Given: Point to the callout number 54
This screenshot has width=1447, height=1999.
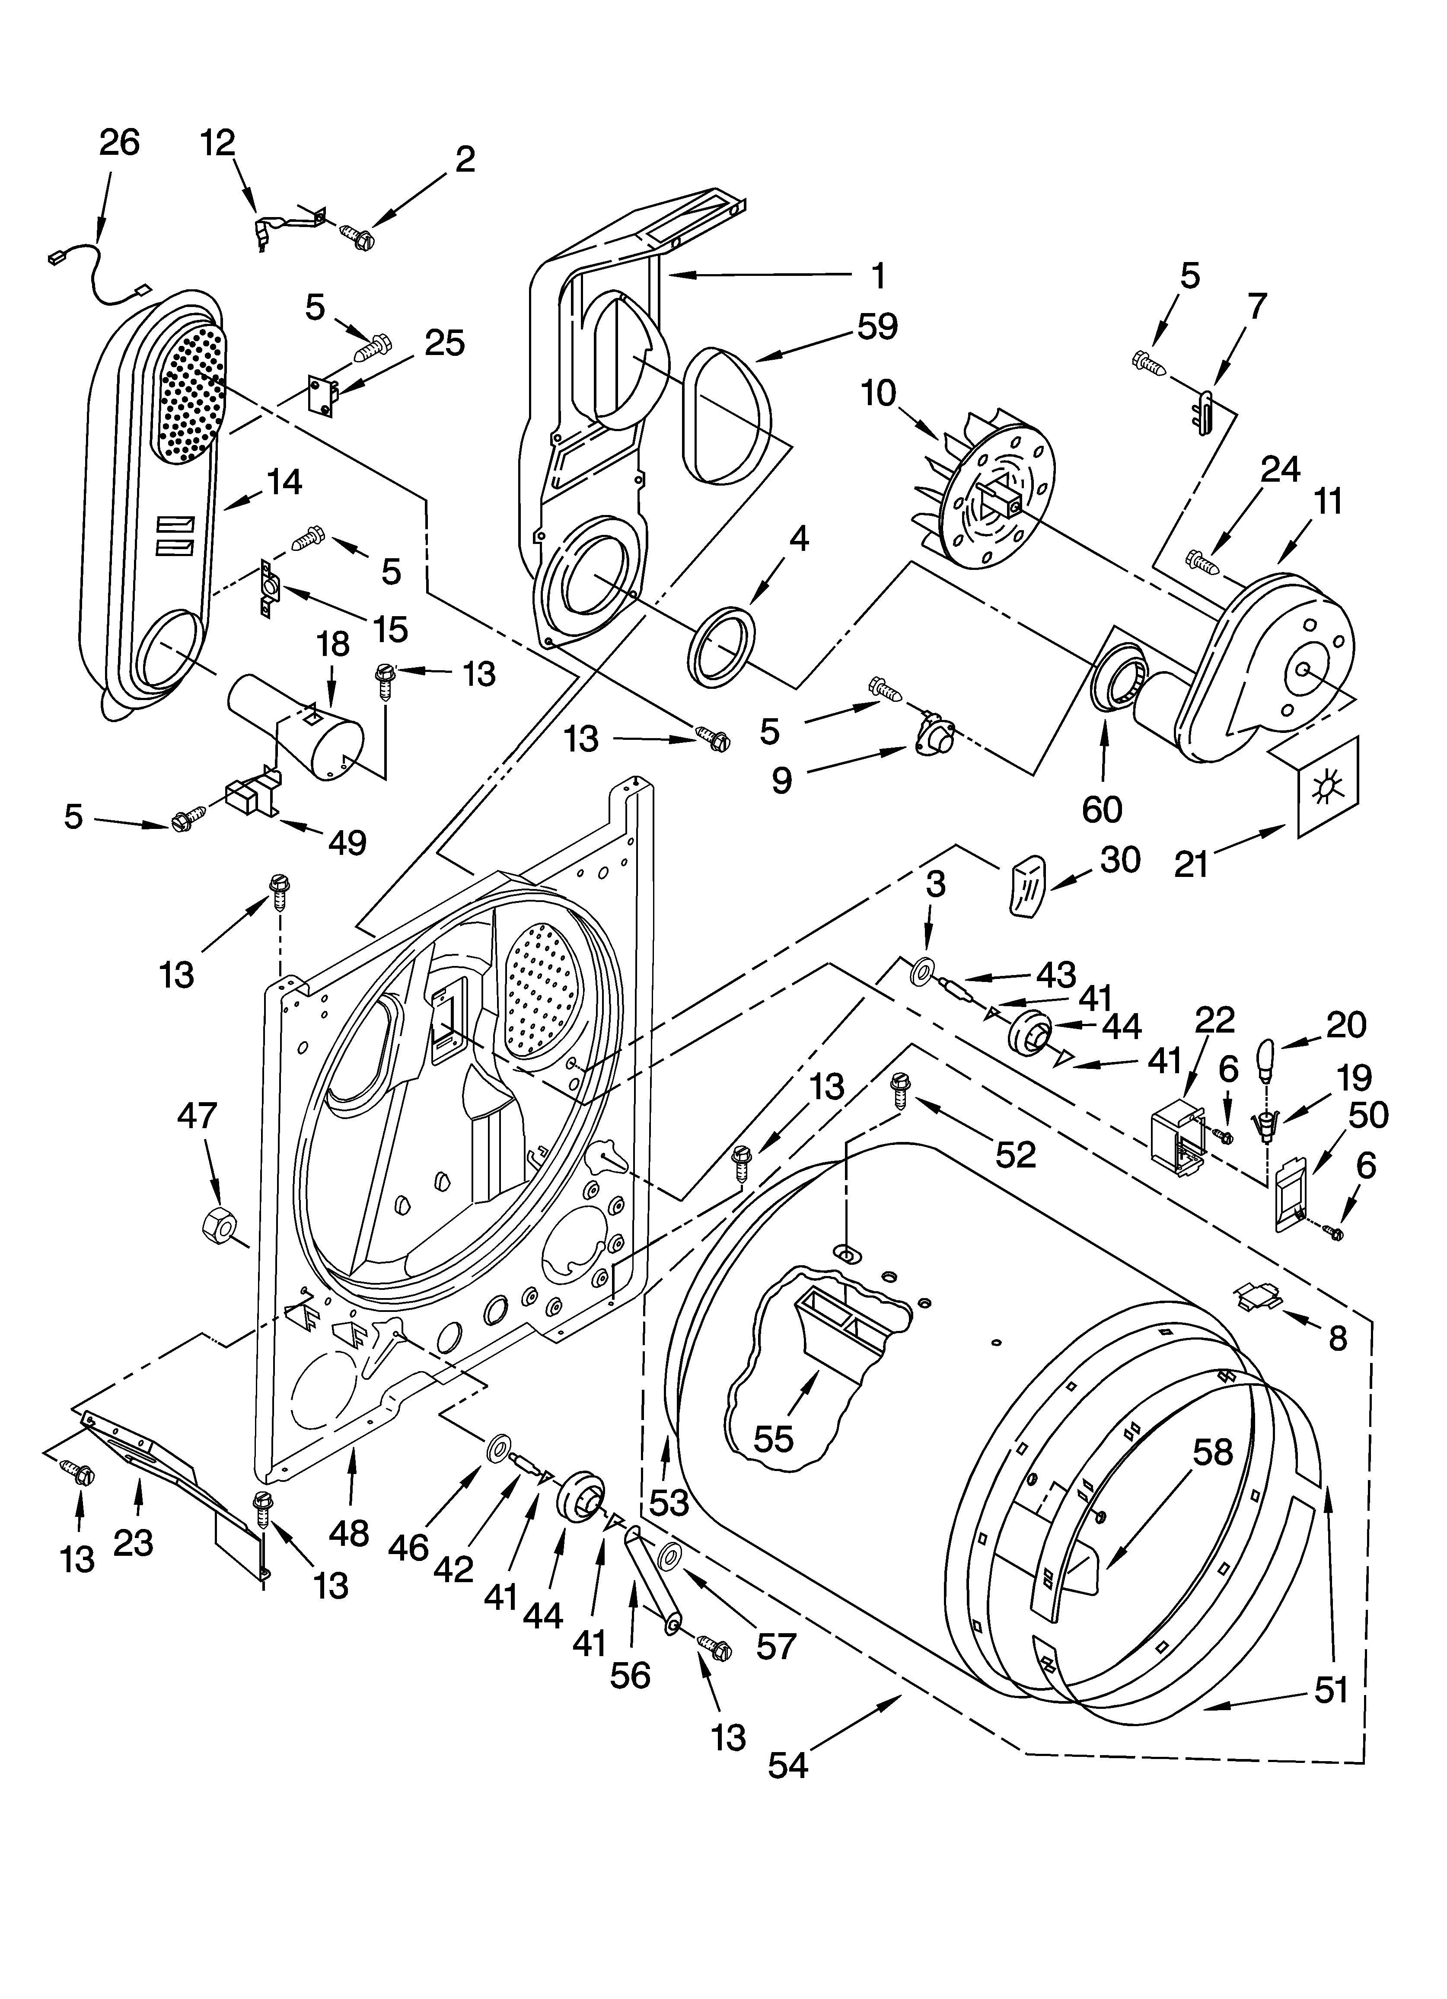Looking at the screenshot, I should coord(787,1766).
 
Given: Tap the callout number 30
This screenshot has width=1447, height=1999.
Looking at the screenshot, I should coord(1120,859).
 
